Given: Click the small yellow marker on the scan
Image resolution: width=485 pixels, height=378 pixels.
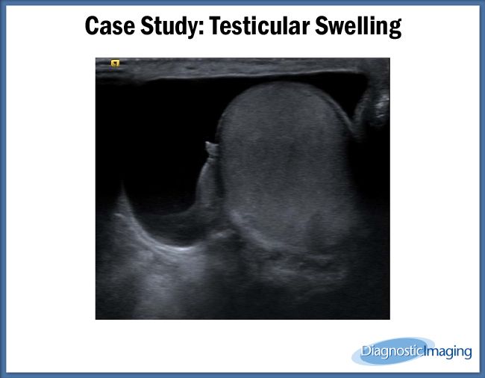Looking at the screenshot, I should [x=115, y=63].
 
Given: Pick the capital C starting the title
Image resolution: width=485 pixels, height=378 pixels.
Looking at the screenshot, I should [x=93, y=27].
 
